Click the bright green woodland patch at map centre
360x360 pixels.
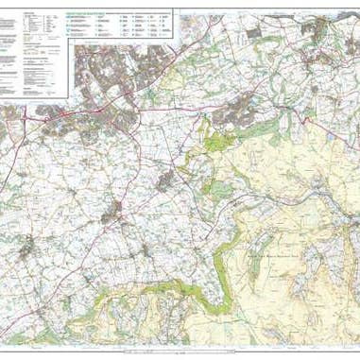click(x=215, y=146)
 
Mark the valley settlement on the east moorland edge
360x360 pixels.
click(x=336, y=204)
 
